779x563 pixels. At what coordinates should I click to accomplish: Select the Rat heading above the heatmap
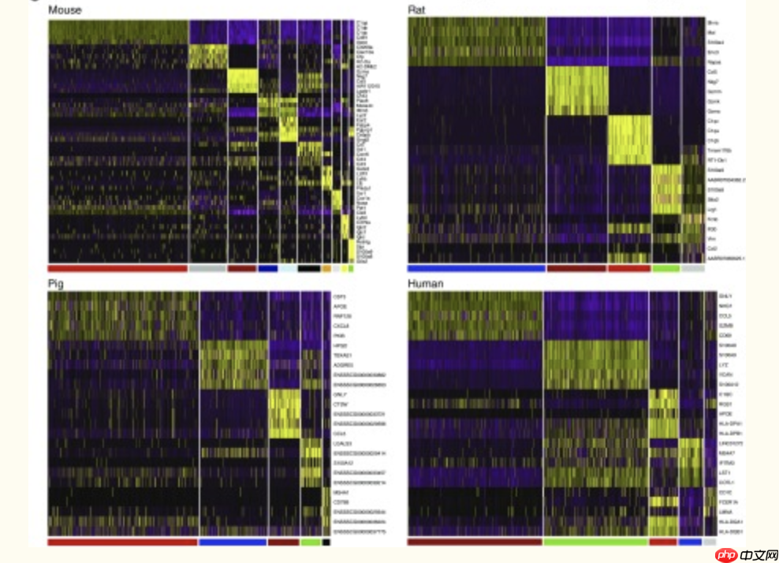point(417,10)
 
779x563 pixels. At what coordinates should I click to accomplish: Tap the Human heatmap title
point(425,283)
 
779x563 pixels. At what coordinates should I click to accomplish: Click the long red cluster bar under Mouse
point(117,269)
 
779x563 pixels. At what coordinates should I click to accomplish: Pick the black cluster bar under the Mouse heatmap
point(309,269)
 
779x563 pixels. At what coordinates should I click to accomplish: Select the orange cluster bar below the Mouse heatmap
point(326,269)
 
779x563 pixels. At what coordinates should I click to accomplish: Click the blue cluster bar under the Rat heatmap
point(476,269)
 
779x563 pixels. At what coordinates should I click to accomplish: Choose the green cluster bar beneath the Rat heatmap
point(665,269)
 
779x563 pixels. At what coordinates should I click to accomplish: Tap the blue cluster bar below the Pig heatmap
point(233,542)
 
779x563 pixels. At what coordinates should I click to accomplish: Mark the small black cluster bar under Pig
point(326,542)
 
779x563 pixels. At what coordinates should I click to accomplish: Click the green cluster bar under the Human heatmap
point(595,542)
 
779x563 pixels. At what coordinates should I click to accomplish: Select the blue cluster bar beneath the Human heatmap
point(690,542)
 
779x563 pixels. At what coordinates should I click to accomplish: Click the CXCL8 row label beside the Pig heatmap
point(341,324)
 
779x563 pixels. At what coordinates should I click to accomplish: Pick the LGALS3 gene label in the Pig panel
point(342,443)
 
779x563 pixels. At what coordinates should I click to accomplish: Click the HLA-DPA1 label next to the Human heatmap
point(727,423)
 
